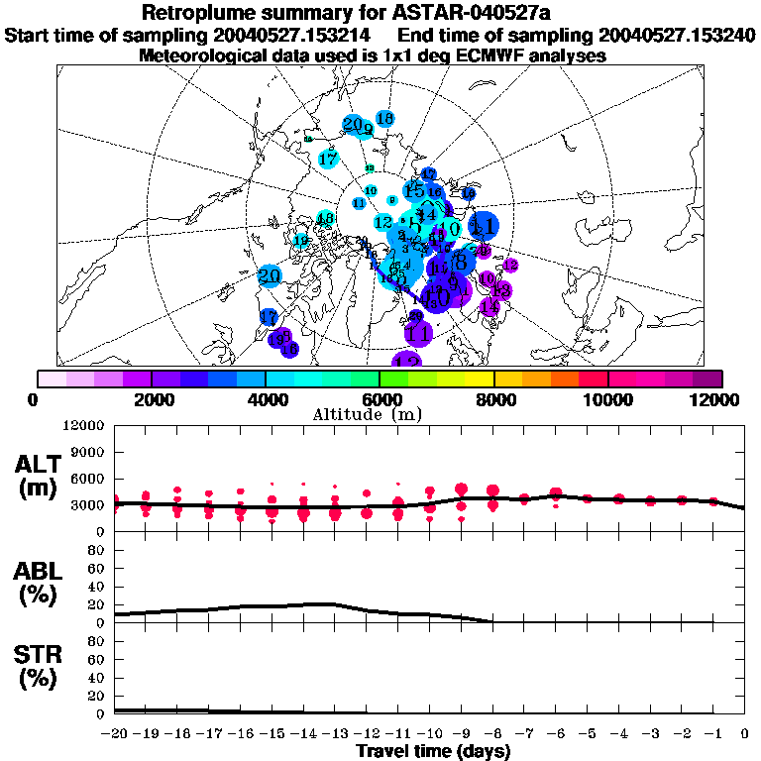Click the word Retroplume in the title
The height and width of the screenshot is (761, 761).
coord(202,13)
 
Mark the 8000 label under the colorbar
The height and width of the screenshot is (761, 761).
coord(492,399)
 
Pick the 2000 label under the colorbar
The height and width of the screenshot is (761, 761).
coord(150,399)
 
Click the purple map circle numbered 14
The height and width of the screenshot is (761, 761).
coord(489,307)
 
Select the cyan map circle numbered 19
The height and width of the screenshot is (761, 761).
coord(299,240)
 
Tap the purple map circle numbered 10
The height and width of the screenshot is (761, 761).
coord(487,279)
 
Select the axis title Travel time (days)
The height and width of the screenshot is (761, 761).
coord(433,751)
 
